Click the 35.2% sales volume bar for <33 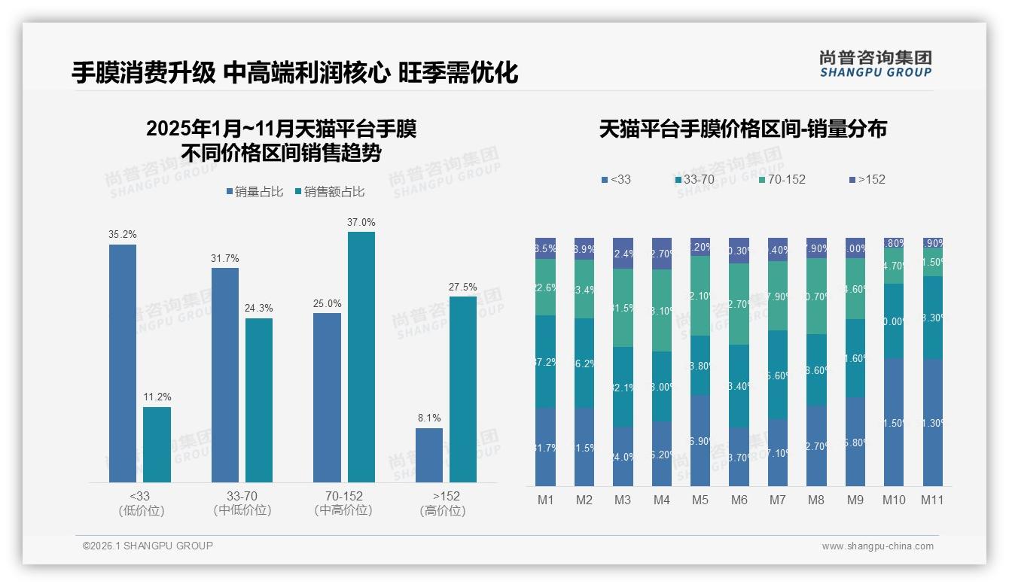click(123, 363)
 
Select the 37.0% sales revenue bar click(361, 357)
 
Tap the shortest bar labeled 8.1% click(429, 455)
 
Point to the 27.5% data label click(462, 287)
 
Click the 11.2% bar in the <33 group click(157, 445)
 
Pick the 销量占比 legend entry click(255, 192)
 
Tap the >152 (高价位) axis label click(446, 503)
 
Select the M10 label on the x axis click(894, 500)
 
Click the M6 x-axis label click(739, 500)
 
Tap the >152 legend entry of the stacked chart click(867, 180)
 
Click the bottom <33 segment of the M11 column click(933, 422)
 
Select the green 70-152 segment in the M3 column click(623, 307)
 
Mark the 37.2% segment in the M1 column click(545, 362)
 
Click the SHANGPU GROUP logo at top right click(875, 63)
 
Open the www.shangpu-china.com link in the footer click(877, 546)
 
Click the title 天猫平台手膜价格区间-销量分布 click(742, 129)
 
